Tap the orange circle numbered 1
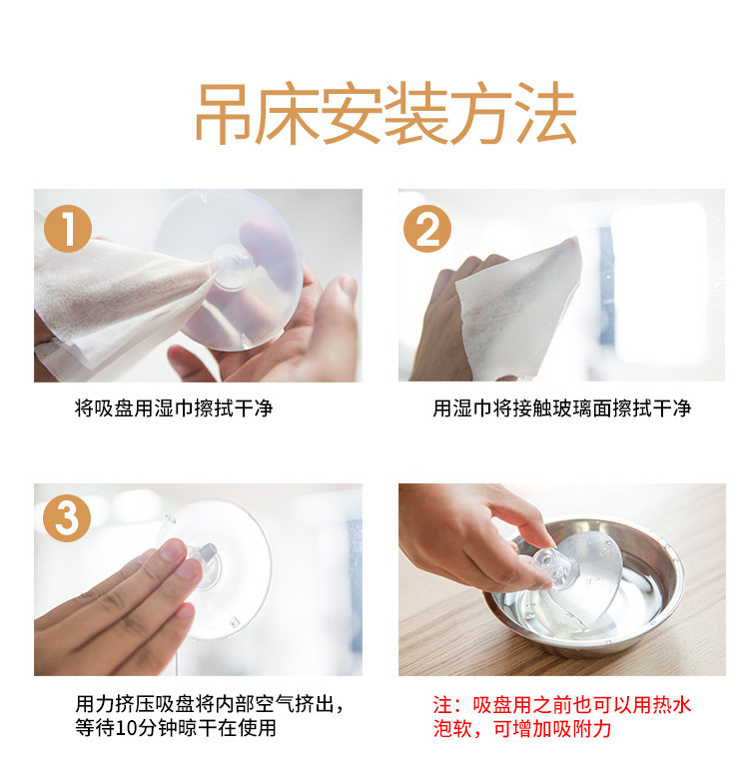[68, 229]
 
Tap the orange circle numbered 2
[427, 229]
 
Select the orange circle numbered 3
[67, 518]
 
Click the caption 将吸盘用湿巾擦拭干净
[174, 408]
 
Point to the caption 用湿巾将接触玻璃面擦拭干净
[561, 408]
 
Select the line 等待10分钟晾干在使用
[176, 727]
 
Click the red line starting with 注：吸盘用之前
[561, 705]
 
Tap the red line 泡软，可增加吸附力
[522, 728]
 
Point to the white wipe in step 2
[516, 309]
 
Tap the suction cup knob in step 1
[232, 267]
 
